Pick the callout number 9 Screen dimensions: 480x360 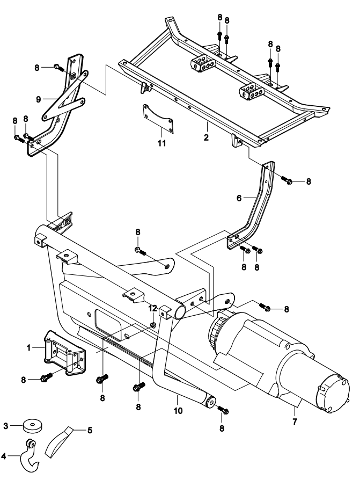(39, 99)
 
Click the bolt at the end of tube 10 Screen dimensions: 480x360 (223, 410)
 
